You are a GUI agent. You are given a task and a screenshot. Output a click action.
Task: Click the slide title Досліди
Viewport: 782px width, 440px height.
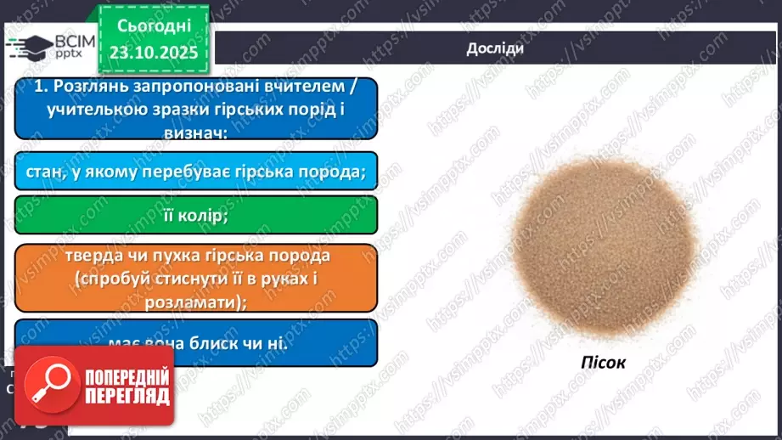495,48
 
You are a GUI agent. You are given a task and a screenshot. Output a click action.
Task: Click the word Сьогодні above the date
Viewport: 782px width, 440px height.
155,26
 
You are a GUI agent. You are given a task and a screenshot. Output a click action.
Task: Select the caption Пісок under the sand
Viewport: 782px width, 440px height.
605,363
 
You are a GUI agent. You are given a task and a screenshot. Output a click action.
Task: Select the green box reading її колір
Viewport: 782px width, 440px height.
195,216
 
